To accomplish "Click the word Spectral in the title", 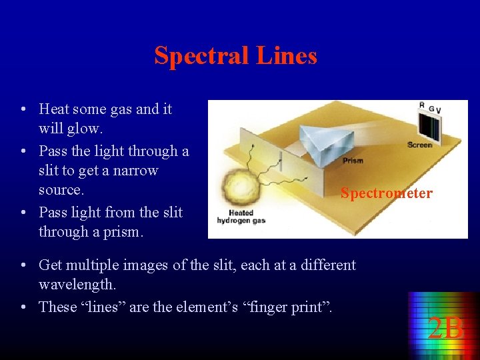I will click(193, 55).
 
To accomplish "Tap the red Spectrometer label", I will click(386, 193).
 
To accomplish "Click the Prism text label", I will click(353, 161).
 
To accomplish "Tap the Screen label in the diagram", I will click(419, 145).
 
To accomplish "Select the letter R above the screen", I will click(421, 105).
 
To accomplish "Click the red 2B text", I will click(445, 329).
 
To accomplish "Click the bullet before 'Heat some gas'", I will click(23, 109).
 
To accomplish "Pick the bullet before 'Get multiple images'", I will click(23, 265).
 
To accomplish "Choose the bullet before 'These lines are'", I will click(23, 307).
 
